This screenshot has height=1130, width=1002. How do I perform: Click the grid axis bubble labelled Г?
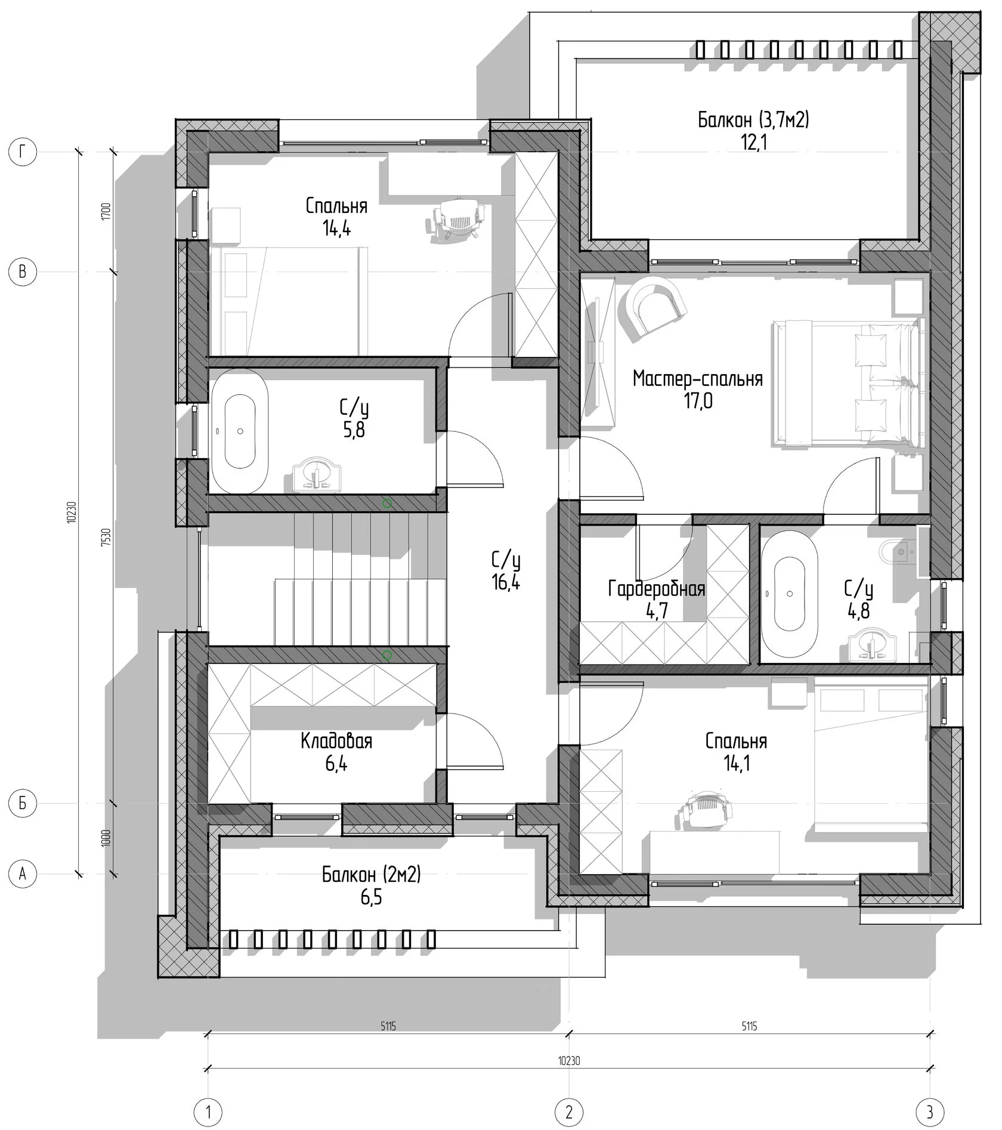pos(23,153)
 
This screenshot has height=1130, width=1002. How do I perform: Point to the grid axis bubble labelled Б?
pos(23,804)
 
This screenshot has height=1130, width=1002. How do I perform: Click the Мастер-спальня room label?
pos(698,379)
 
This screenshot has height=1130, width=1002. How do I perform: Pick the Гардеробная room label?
pos(657,589)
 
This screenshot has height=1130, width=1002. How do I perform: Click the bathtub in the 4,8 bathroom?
pos(790,594)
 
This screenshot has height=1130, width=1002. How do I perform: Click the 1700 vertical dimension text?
pos(106,212)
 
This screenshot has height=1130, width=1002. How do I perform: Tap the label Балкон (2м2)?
pos(372,875)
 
